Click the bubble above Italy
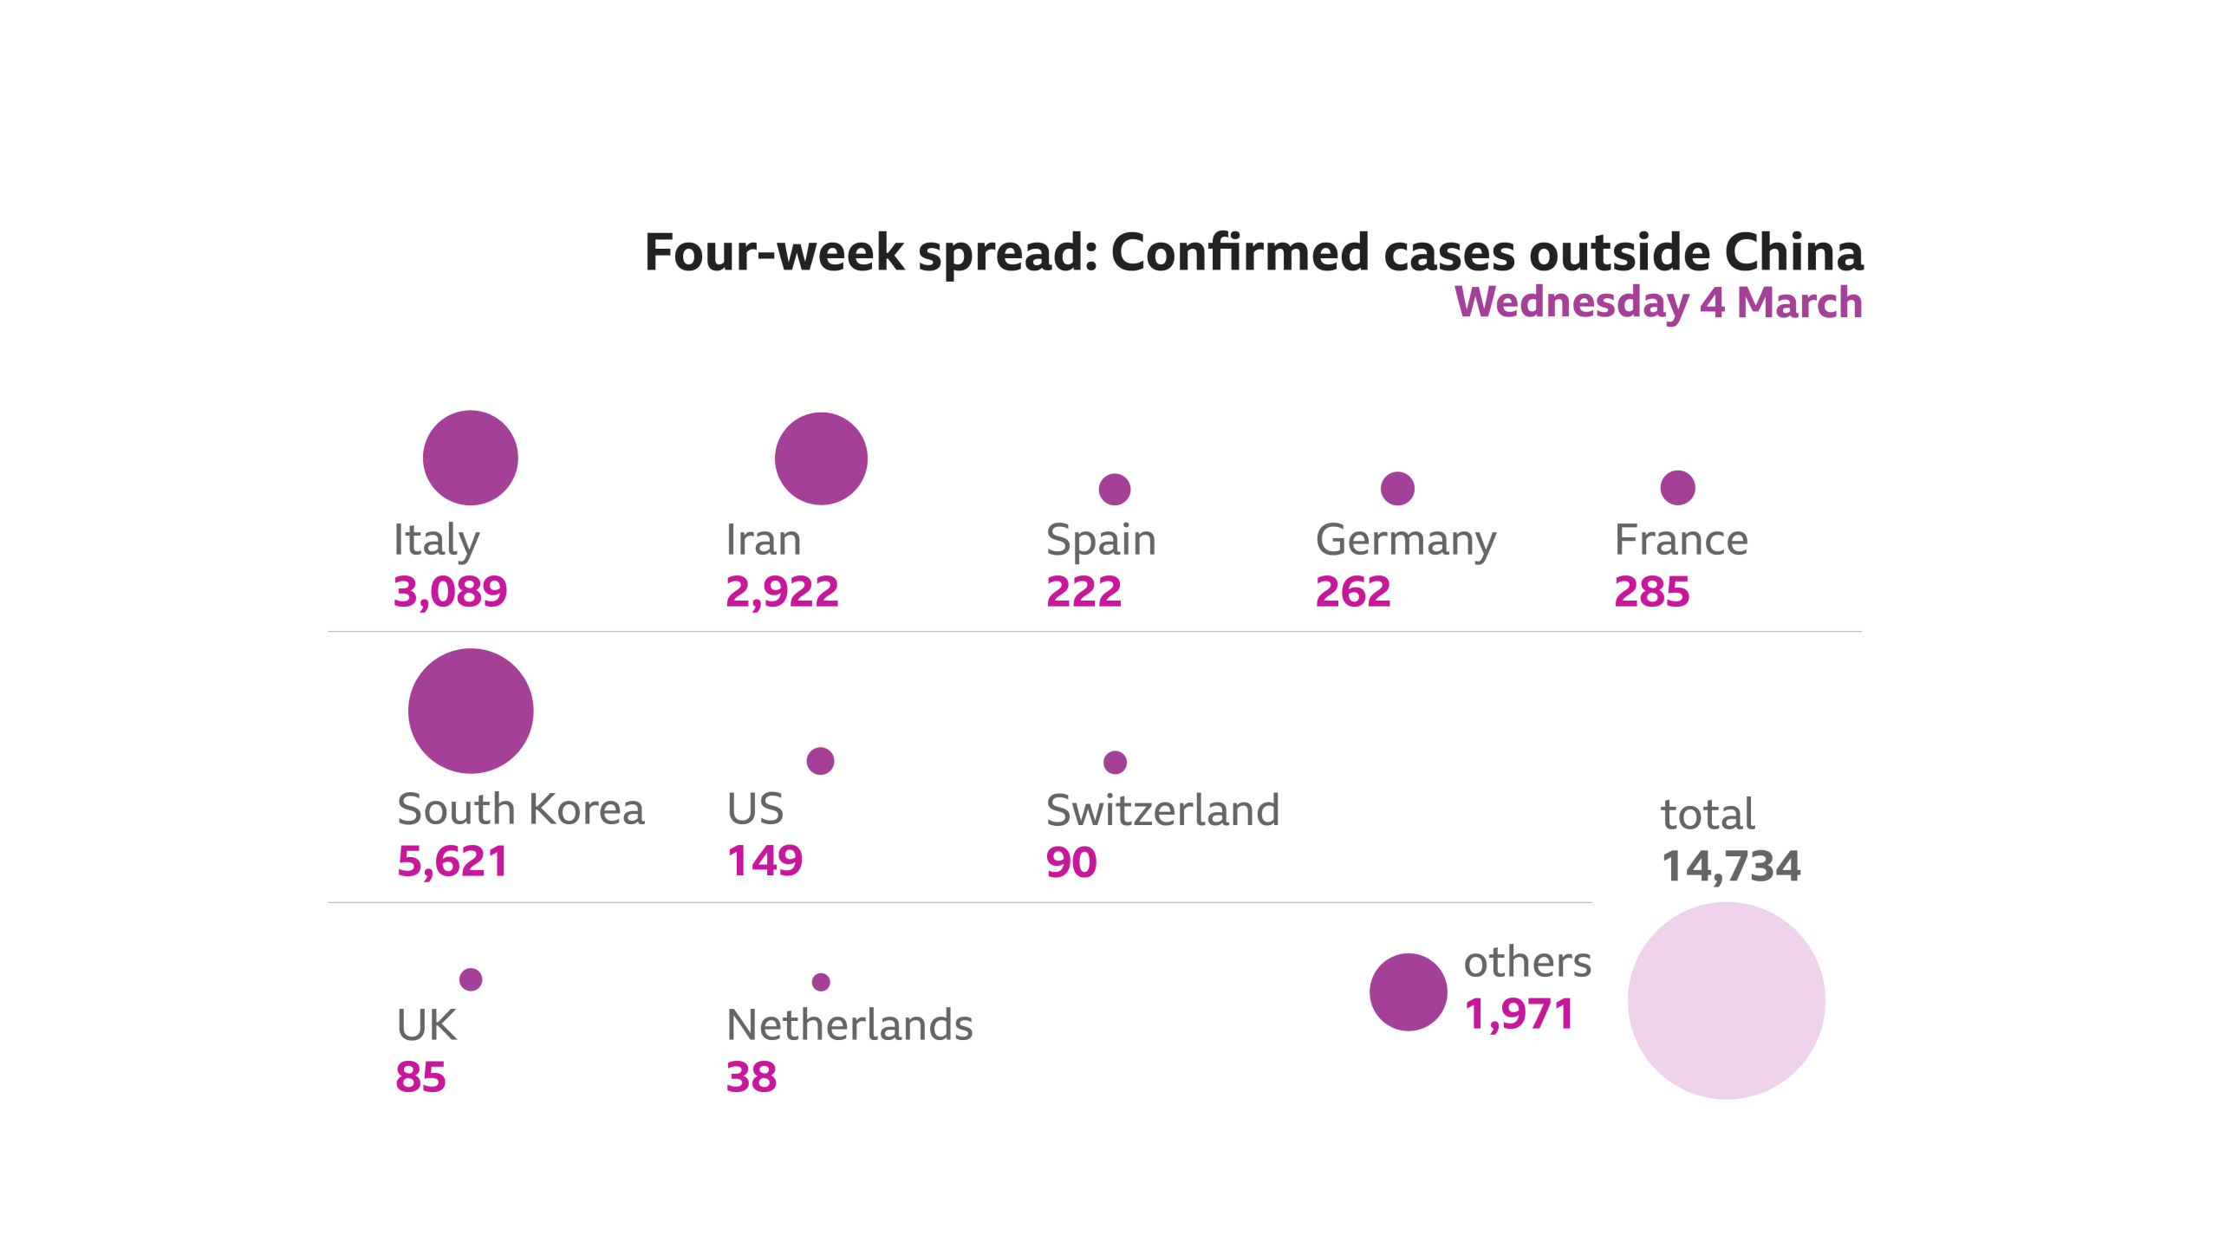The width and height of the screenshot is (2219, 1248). [470, 458]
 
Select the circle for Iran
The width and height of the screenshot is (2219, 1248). [821, 458]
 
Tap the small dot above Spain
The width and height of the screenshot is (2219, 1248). [1114, 490]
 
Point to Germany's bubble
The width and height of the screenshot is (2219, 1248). [1397, 488]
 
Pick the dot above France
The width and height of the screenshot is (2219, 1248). [1677, 487]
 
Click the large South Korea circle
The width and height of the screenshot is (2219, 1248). [471, 711]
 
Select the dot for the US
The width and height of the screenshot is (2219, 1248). [820, 761]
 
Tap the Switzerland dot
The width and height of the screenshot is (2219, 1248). [1115, 763]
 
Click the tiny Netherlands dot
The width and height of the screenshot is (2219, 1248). [821, 982]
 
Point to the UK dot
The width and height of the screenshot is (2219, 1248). [471, 979]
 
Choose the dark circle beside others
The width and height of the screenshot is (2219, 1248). [1408, 992]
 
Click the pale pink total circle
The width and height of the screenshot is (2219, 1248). [1726, 1001]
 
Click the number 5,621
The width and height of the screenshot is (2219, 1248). [452, 861]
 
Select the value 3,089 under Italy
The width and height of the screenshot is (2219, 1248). [450, 592]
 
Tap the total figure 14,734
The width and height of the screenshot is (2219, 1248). [1730, 867]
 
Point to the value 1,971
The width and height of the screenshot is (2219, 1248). [1519, 1014]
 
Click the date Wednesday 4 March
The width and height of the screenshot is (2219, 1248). [1657, 302]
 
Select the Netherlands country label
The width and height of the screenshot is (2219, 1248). [849, 1025]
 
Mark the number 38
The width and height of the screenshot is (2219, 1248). [751, 1077]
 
